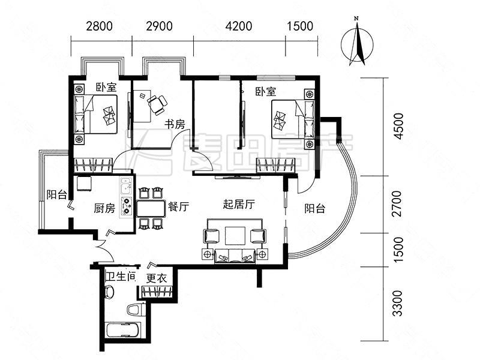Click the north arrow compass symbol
click(357, 43)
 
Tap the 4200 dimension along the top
click(239, 26)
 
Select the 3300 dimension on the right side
click(398, 304)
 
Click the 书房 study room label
click(175, 125)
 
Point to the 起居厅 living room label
click(239, 204)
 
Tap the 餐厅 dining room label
click(178, 207)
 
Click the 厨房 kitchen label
click(104, 208)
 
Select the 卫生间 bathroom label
click(121, 277)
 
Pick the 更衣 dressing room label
click(157, 278)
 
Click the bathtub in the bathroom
click(123, 330)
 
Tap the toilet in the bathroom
click(136, 309)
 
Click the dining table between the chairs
click(151, 209)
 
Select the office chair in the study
click(157, 104)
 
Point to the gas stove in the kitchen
click(126, 206)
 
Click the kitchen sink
click(126, 186)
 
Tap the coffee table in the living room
click(235, 236)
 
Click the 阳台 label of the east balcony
click(314, 209)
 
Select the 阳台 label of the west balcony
click(56, 194)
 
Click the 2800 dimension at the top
click(99, 26)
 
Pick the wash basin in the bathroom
click(109, 292)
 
